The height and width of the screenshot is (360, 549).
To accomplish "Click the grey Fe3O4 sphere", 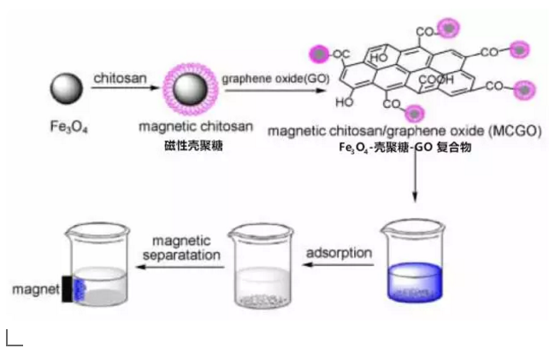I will (65, 89).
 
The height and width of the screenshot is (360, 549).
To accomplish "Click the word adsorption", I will (339, 252).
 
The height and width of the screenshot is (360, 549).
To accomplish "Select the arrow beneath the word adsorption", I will (339, 266).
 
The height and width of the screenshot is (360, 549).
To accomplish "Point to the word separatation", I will (187, 255).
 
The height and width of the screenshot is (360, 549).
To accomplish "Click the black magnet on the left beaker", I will (68, 289).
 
